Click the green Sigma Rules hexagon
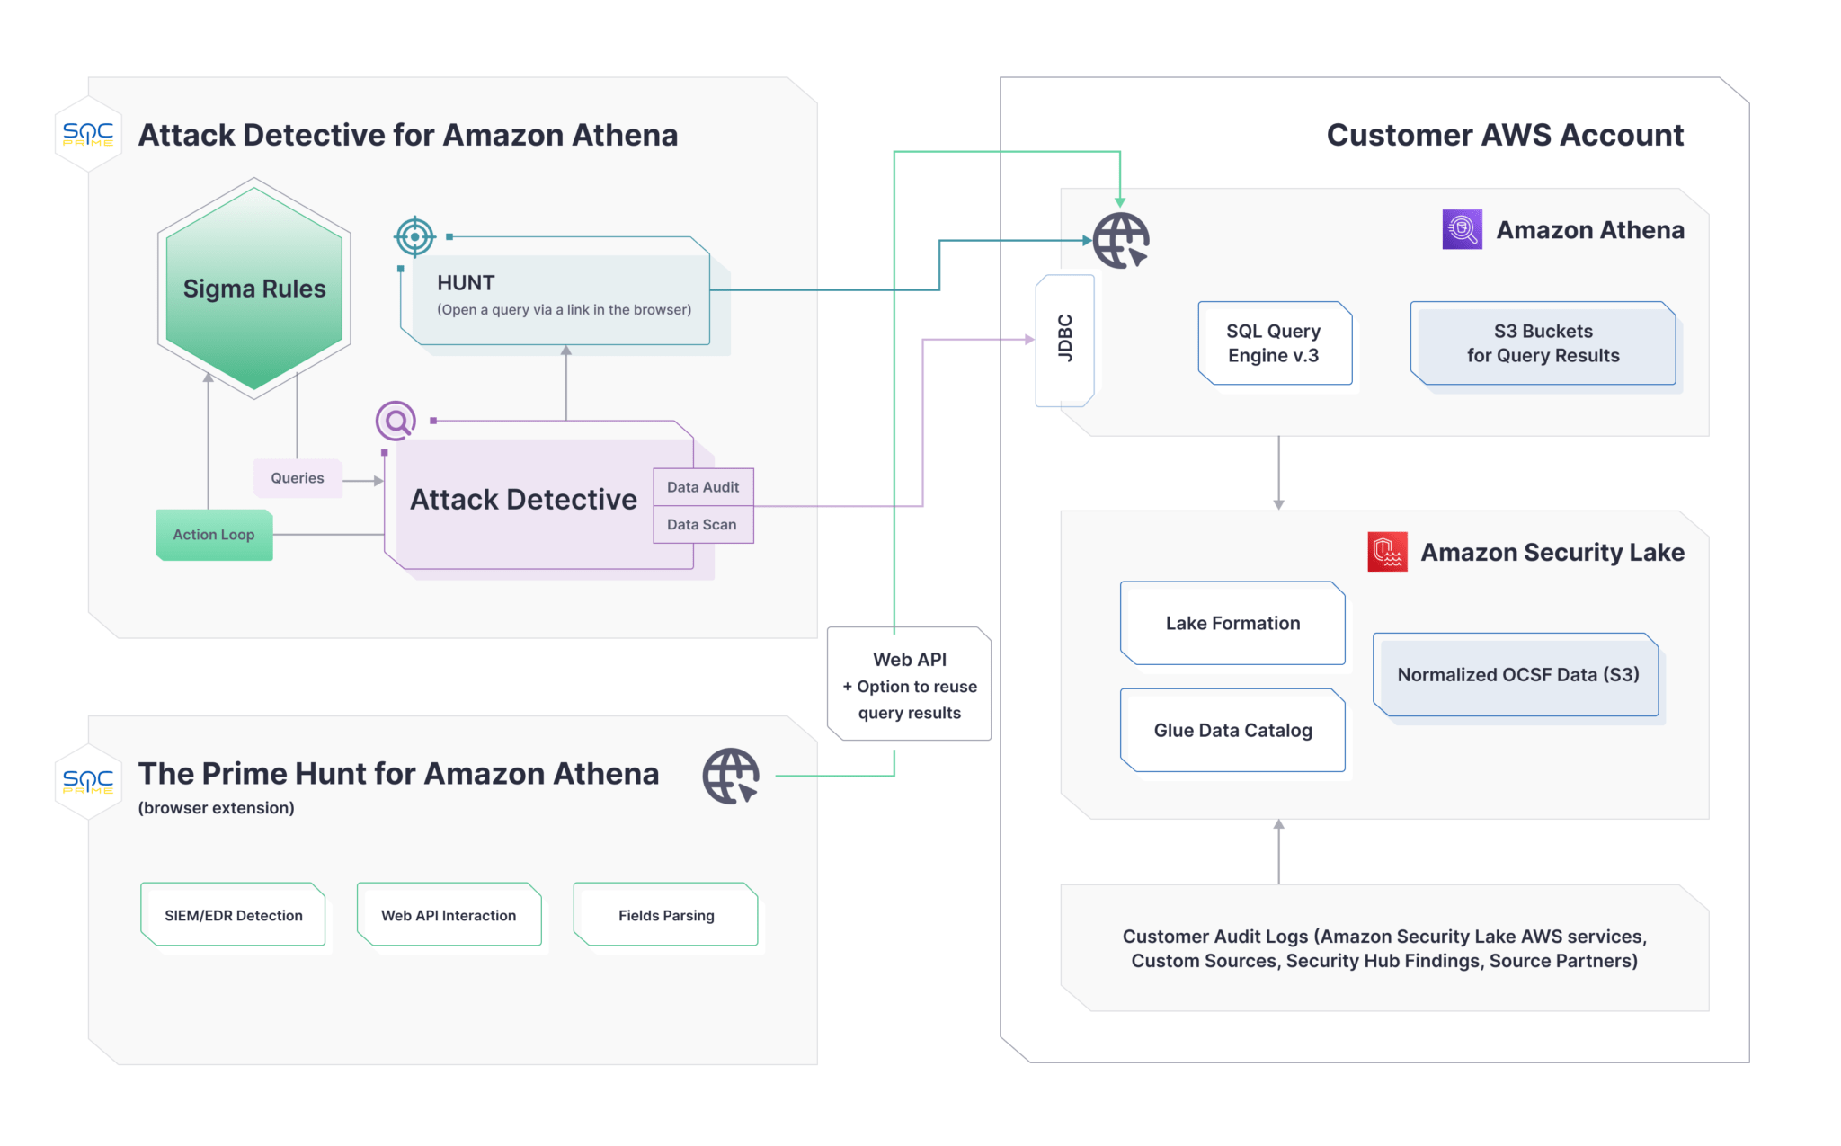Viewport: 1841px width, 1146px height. [254, 289]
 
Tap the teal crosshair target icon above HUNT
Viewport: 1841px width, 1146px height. [414, 236]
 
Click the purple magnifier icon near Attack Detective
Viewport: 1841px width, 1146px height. [396, 420]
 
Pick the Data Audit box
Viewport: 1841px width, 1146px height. [703, 487]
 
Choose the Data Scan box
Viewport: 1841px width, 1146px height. [702, 525]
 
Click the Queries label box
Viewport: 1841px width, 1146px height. [298, 478]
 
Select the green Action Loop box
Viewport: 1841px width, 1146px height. [214, 535]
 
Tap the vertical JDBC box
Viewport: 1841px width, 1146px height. [1065, 340]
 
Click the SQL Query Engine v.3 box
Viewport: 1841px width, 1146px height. [1274, 343]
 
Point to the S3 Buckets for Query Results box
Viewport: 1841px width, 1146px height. [1543, 343]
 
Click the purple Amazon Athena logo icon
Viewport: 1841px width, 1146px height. [1462, 229]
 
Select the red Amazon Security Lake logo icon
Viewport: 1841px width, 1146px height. [1387, 552]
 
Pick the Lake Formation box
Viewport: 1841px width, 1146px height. [1232, 624]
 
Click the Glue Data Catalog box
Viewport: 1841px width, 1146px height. [1232, 731]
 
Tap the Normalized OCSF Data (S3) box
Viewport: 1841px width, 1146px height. [1517, 675]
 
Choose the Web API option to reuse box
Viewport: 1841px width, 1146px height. [910, 686]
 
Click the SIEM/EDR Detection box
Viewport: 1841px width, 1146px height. [234, 915]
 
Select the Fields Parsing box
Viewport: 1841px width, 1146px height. [666, 915]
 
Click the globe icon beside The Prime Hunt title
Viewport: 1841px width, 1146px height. [731, 776]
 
